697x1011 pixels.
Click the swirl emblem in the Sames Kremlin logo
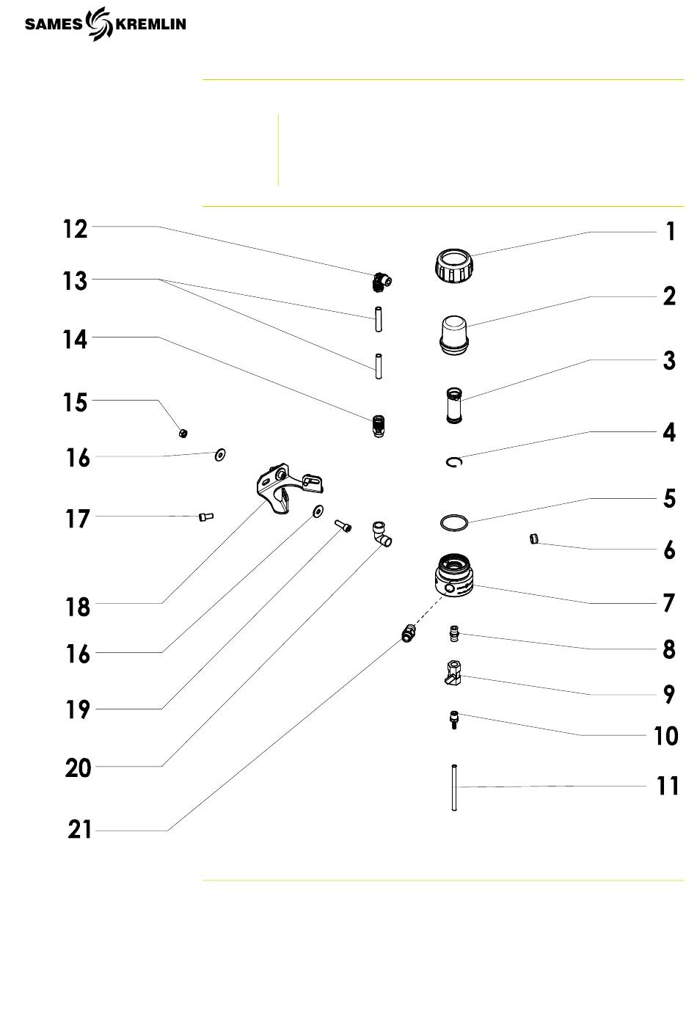99,23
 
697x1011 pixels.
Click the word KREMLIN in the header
151,24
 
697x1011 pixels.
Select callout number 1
671,231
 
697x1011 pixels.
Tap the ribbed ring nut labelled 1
453,265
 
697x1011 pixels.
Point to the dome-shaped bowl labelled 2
453,335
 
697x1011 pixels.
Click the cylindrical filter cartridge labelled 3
454,405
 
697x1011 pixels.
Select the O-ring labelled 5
454,522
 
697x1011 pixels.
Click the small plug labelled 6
534,539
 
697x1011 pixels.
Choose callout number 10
666,735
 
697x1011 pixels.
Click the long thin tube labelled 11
454,787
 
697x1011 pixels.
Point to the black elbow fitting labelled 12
382,282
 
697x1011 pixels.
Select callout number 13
75,280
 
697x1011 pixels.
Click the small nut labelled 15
183,434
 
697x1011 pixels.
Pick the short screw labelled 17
206,517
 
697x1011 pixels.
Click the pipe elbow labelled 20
382,533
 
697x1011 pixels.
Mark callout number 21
79,829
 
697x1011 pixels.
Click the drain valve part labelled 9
453,673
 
